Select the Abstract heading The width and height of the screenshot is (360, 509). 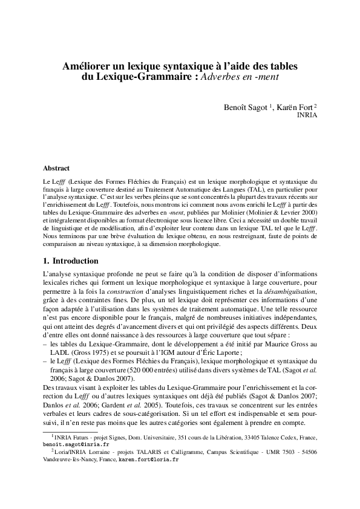[x=56, y=167]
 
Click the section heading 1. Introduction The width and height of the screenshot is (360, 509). [x=71, y=261]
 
